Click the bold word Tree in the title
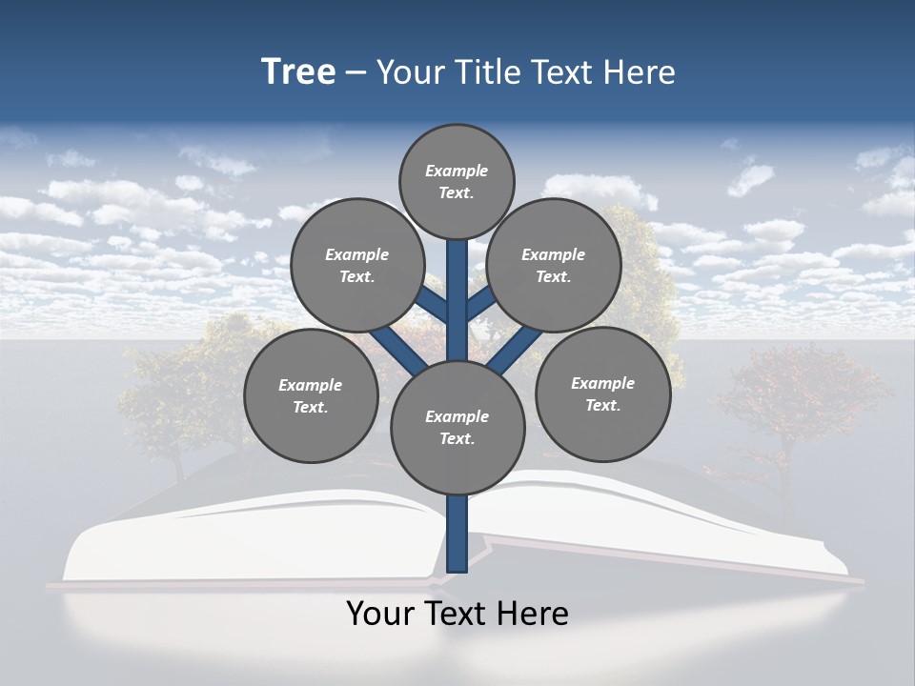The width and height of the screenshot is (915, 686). [298, 71]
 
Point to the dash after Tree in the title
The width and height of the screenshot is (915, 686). [356, 73]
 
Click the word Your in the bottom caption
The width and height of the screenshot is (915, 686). [380, 613]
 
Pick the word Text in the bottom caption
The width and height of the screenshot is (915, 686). [457, 613]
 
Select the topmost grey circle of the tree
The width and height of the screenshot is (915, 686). [457, 181]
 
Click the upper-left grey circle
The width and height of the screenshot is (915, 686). [356, 265]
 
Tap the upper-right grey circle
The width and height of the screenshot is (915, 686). [553, 265]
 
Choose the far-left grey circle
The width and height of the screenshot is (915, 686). [310, 395]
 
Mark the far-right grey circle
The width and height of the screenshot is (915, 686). [602, 393]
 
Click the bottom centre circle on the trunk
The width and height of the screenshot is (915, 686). [457, 427]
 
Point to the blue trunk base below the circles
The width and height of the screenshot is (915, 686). [457, 534]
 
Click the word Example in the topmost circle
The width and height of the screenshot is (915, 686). [457, 171]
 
